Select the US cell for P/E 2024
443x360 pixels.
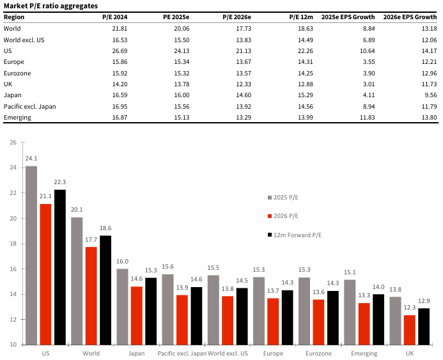tap(118, 51)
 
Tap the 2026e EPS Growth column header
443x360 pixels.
tap(410, 17)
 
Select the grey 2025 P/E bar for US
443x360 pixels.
tap(31, 256)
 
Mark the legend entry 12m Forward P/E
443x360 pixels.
tap(297, 235)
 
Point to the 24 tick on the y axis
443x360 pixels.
tap(12, 168)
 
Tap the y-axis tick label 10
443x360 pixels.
tap(12, 345)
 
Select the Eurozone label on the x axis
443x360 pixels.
tap(319, 353)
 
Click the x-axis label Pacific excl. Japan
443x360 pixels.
tap(182, 353)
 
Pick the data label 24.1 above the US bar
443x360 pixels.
tap(31, 158)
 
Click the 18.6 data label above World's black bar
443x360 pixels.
tap(106, 228)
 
